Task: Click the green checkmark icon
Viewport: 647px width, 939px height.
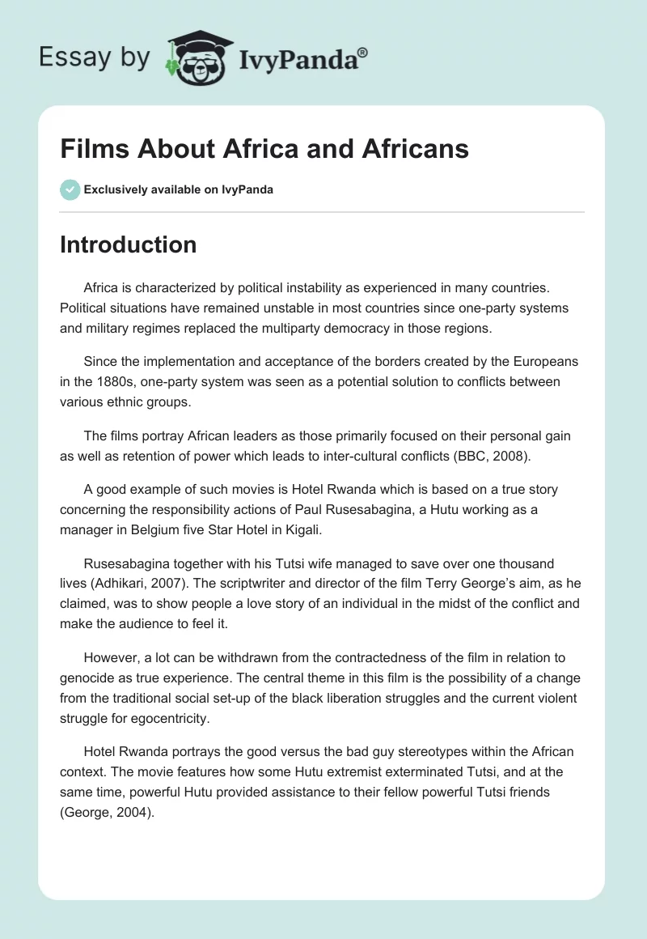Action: (69, 189)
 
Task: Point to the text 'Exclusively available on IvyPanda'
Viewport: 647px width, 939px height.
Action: (178, 189)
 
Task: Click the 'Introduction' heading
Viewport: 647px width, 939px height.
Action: (128, 244)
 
